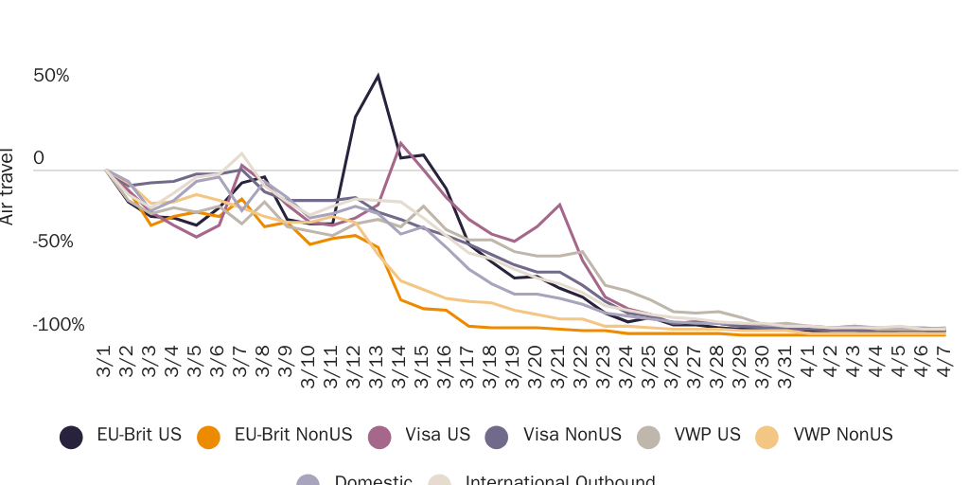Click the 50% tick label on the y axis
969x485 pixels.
click(x=52, y=76)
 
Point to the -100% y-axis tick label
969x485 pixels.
click(x=59, y=325)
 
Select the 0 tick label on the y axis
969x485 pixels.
click(x=39, y=158)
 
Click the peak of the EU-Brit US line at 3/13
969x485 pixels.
click(x=378, y=75)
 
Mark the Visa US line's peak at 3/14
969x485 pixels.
click(x=400, y=143)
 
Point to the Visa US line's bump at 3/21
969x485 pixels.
click(x=560, y=204)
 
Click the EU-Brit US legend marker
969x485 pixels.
click(x=71, y=436)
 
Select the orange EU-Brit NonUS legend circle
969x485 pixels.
click(x=208, y=436)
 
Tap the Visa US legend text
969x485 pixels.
click(x=437, y=435)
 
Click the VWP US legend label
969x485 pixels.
click(x=707, y=435)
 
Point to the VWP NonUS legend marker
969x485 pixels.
click(x=767, y=436)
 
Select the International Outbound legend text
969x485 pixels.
click(x=559, y=479)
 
